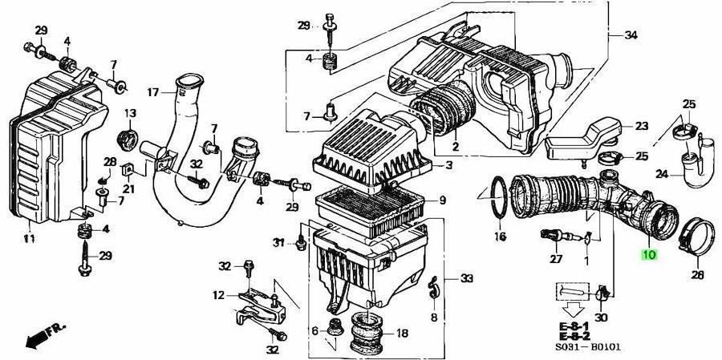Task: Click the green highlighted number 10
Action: (x=649, y=254)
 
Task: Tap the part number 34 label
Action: (x=631, y=35)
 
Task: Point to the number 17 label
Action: (x=153, y=92)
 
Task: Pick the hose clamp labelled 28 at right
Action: (x=696, y=237)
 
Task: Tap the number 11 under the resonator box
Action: (x=29, y=238)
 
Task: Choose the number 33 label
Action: (x=467, y=278)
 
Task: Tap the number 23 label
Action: (x=642, y=126)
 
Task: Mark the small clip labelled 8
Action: (x=433, y=289)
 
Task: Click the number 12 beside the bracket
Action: (x=219, y=294)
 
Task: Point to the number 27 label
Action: (x=556, y=259)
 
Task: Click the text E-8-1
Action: (x=574, y=326)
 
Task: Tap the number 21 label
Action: (x=128, y=188)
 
